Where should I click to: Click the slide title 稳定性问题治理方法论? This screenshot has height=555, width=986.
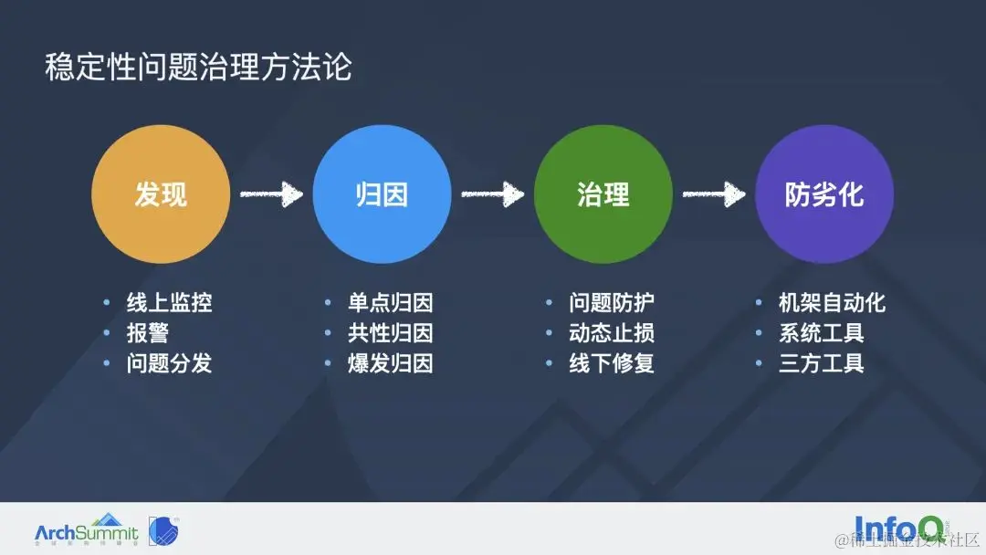pyautogui.click(x=198, y=68)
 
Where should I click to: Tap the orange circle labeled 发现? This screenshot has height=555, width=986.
pyautogui.click(x=161, y=194)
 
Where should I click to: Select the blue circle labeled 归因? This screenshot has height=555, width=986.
pyautogui.click(x=382, y=194)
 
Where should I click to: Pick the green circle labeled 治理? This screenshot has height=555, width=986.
pyautogui.click(x=603, y=194)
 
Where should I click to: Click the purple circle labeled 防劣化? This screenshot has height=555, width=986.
pyautogui.click(x=824, y=194)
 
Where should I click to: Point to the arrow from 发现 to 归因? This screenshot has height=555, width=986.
pyautogui.click(x=271, y=194)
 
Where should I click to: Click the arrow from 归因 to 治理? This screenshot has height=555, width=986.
pyautogui.click(x=492, y=194)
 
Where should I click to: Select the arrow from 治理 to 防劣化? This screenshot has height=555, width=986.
pyautogui.click(x=713, y=194)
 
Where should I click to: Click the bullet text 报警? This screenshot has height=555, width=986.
pyautogui.click(x=148, y=333)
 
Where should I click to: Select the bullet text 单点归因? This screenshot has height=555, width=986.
pyautogui.click(x=390, y=303)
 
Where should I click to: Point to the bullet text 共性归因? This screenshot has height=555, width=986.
pyautogui.click(x=390, y=333)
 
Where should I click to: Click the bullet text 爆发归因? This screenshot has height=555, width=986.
pyautogui.click(x=390, y=363)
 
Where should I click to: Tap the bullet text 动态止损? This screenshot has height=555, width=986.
pyautogui.click(x=612, y=333)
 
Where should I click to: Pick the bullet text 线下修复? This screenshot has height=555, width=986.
pyautogui.click(x=612, y=363)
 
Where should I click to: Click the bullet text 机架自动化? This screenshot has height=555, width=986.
pyautogui.click(x=832, y=303)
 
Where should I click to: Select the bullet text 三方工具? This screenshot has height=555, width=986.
pyautogui.click(x=821, y=363)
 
